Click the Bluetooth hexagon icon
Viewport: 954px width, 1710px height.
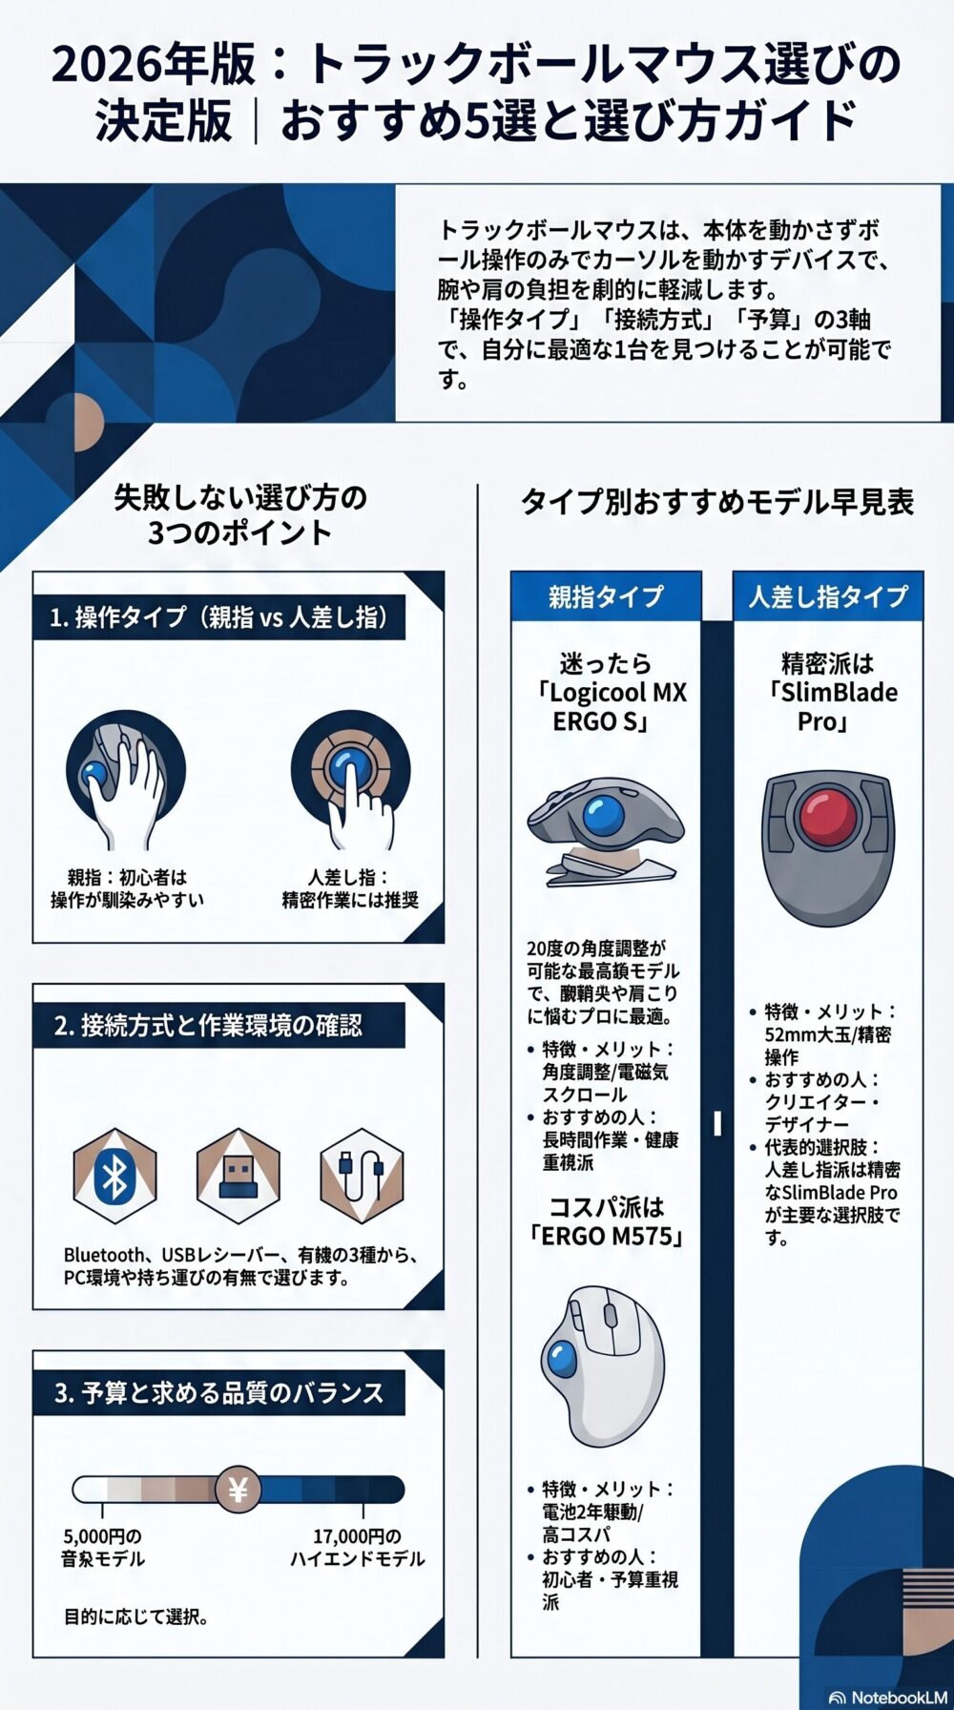(x=114, y=1176)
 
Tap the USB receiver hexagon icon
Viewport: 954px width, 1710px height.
(x=238, y=1176)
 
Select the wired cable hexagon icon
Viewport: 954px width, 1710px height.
(x=362, y=1176)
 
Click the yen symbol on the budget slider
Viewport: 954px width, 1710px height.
(x=238, y=1490)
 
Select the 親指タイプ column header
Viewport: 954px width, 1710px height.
(x=606, y=596)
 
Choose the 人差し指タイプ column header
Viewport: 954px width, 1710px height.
(x=828, y=596)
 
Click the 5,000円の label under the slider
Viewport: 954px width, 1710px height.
(x=102, y=1536)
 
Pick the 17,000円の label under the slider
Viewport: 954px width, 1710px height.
(x=358, y=1536)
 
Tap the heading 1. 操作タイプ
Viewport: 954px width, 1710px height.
(x=219, y=617)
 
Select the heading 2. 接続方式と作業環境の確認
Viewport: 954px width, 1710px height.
(x=209, y=1026)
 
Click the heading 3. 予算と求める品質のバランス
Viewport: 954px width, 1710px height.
(x=219, y=1393)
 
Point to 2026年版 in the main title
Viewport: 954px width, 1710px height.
(x=155, y=65)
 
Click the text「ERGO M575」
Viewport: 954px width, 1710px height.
(x=607, y=1236)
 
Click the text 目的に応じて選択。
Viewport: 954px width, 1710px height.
(x=136, y=1616)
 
